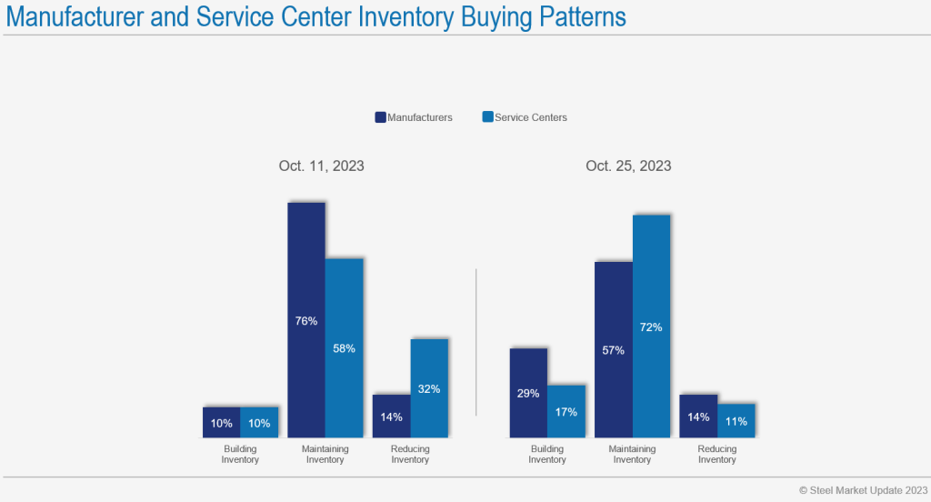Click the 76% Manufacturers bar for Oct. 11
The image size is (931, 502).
(x=306, y=319)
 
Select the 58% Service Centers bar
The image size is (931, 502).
(x=345, y=347)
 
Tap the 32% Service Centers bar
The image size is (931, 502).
(x=429, y=388)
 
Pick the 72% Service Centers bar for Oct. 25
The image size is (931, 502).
(x=651, y=326)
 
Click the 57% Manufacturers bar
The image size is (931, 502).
(x=613, y=349)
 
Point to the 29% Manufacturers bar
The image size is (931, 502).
(x=528, y=393)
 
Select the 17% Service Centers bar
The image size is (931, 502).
(x=566, y=411)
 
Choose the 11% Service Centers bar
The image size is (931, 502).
(x=736, y=420)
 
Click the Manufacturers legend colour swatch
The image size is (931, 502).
(x=381, y=117)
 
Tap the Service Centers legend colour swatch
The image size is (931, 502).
(x=487, y=117)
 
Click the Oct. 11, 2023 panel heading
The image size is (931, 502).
(x=321, y=166)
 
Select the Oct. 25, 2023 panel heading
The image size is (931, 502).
(x=628, y=166)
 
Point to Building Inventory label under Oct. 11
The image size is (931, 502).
(x=240, y=454)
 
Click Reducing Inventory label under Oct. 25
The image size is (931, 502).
(x=716, y=454)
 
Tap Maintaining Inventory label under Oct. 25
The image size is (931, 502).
(x=632, y=454)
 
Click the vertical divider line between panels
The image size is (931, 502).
(x=476, y=342)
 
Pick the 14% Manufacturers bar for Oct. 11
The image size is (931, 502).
(x=392, y=416)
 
